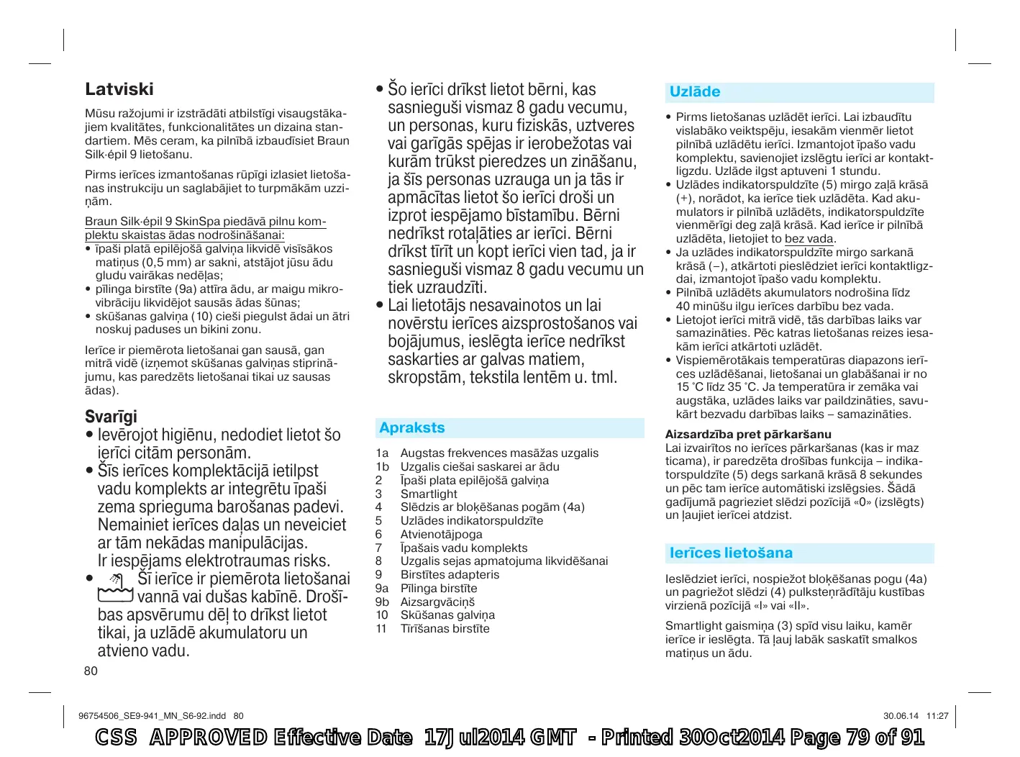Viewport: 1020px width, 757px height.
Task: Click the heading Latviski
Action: [x=119, y=89]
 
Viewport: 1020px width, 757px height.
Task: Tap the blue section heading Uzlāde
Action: [x=695, y=92]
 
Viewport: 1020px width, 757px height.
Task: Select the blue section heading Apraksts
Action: [x=412, y=428]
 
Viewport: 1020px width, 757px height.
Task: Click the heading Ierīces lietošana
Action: [x=731, y=553]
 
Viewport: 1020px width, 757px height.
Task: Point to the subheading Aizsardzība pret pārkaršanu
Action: [x=748, y=435]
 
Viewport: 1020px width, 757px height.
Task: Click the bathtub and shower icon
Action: [x=116, y=588]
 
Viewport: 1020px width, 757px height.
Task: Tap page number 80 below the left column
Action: [x=91, y=671]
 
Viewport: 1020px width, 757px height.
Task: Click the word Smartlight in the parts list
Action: [x=429, y=494]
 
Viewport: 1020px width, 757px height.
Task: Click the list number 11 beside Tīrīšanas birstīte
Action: [x=381, y=629]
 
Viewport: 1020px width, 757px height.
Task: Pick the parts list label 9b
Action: [x=382, y=602]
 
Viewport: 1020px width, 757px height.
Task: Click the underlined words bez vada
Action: [x=809, y=239]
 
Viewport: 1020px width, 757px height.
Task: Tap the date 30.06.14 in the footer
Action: [x=901, y=716]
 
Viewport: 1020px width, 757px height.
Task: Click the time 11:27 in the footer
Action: [x=937, y=716]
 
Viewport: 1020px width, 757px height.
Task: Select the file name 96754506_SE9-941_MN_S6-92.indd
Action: [x=152, y=716]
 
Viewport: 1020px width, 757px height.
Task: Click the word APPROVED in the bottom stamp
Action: [x=209, y=738]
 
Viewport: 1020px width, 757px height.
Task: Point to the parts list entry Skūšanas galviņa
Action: [x=447, y=615]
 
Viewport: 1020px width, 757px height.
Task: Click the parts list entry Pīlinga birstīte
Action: [x=439, y=589]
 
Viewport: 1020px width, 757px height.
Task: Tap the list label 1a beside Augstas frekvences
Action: [x=382, y=453]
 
